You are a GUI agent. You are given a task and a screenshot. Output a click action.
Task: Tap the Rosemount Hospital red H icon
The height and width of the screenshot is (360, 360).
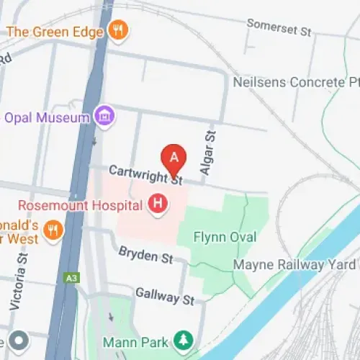click(158, 204)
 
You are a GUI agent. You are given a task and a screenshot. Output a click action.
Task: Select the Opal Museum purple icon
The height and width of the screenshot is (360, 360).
click(105, 115)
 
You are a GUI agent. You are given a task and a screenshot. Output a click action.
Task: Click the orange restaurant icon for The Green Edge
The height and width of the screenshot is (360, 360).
click(117, 30)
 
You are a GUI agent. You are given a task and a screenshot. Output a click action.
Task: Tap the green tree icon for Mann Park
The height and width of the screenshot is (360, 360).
click(185, 340)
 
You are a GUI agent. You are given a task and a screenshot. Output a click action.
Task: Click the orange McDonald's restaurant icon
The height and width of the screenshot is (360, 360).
click(52, 230)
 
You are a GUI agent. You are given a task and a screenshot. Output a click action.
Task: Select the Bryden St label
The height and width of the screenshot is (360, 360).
click(146, 254)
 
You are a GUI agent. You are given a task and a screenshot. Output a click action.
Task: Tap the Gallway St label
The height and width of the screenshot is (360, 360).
click(165, 294)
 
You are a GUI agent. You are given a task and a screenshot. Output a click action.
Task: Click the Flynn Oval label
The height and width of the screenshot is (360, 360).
click(225, 237)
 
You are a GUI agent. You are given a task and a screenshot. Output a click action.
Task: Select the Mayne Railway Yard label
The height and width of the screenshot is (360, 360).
click(295, 265)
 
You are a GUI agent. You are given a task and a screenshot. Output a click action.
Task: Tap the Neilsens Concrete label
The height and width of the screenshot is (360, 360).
click(296, 82)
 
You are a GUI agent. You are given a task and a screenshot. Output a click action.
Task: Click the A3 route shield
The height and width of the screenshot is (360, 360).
click(71, 276)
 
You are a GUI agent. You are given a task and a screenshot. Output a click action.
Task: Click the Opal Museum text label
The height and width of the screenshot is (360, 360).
click(47, 116)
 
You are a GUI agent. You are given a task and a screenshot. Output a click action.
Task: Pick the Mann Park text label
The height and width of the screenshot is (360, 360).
click(135, 341)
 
